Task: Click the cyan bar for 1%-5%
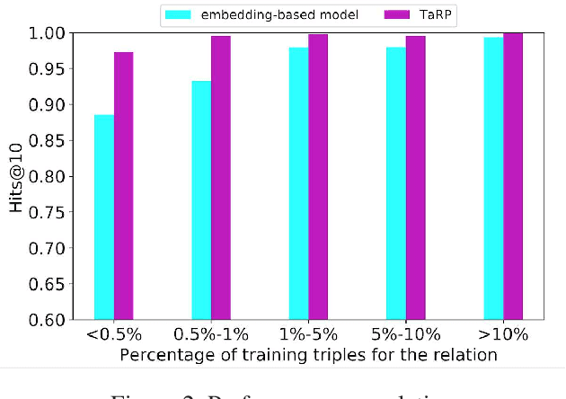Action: [x=298, y=183]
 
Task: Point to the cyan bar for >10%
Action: [x=492, y=179]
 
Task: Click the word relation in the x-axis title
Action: [x=467, y=355]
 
